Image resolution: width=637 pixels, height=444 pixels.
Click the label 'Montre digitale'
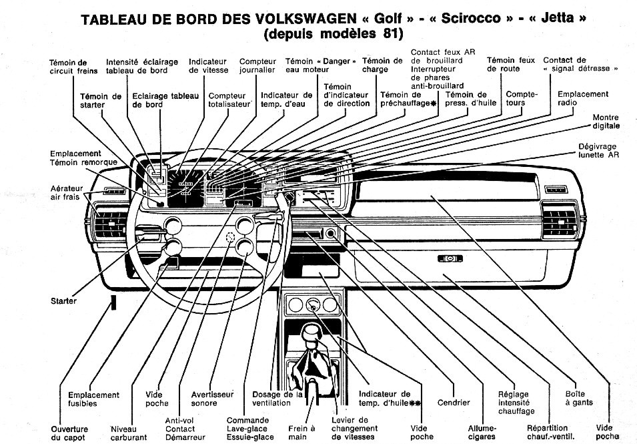click(606, 122)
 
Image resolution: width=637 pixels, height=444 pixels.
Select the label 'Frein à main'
click(302, 432)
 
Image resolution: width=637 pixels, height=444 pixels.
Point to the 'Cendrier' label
click(454, 403)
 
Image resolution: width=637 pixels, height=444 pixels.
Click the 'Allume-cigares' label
click(482, 432)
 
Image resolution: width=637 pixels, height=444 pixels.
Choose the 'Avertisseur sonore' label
click(212, 399)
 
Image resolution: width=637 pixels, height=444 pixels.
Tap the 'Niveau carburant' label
click(128, 433)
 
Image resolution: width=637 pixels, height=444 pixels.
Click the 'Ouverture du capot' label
click(69, 433)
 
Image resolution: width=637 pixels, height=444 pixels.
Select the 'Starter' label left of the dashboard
click(63, 301)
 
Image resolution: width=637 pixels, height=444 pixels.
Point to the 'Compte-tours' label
click(521, 98)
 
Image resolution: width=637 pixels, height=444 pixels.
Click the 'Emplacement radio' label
click(582, 98)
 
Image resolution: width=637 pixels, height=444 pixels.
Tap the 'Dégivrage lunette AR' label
click(598, 150)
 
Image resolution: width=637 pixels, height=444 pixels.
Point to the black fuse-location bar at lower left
click(113, 302)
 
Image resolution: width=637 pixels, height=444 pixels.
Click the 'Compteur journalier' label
click(257, 65)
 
